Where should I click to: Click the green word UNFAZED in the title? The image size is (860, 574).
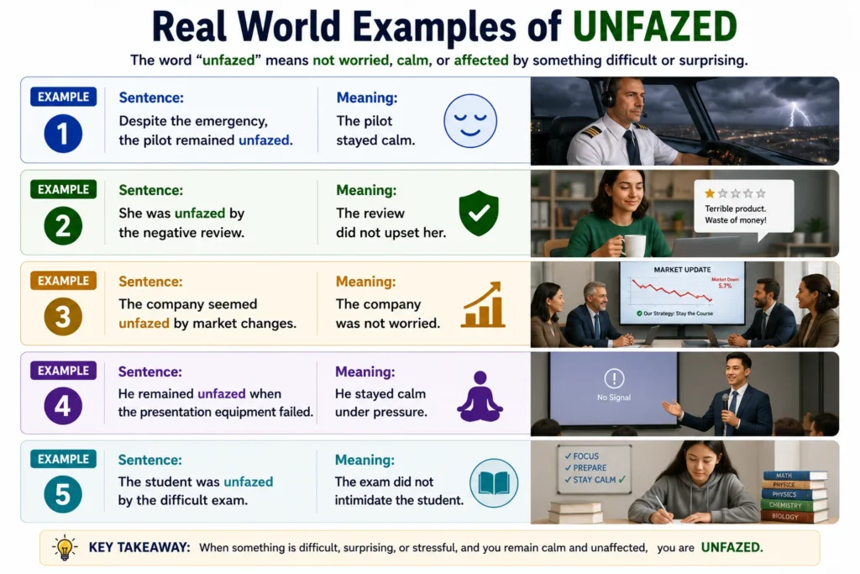click(x=654, y=26)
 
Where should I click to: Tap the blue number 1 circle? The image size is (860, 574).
click(x=63, y=134)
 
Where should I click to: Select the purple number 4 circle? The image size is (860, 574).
click(x=63, y=406)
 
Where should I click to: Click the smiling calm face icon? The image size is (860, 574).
click(x=470, y=121)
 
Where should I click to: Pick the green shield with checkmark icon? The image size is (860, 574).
click(x=479, y=213)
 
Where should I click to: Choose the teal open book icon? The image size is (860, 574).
click(x=494, y=483)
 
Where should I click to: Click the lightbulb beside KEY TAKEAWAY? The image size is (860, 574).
click(x=65, y=548)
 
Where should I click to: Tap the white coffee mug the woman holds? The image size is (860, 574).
click(x=633, y=245)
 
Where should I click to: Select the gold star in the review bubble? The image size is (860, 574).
click(x=710, y=193)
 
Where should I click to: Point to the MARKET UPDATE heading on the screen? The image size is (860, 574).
click(x=682, y=270)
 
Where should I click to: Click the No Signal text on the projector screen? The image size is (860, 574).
click(x=614, y=398)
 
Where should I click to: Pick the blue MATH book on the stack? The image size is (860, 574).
click(x=794, y=475)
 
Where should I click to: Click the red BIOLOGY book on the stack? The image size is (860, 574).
click(x=794, y=516)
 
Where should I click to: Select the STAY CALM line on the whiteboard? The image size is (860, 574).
click(x=595, y=480)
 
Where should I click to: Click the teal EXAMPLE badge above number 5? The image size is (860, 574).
click(x=63, y=459)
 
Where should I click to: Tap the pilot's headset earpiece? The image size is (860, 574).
click(x=608, y=99)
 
